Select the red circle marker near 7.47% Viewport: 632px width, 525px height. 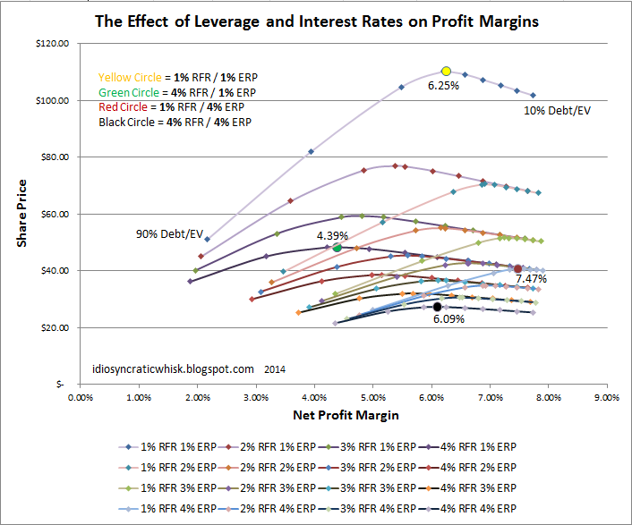518,268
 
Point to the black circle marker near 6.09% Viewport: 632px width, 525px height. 437,307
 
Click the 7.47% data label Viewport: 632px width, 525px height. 530,279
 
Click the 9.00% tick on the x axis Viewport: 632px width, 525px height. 606,397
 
